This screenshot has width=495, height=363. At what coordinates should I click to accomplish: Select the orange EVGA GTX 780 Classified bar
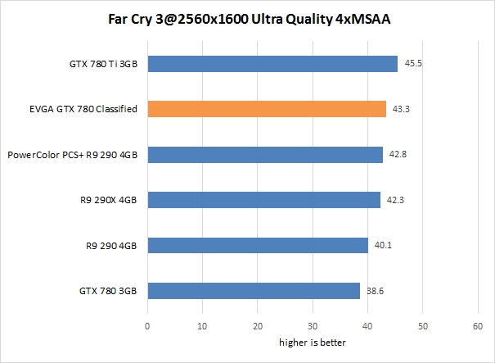pos(267,108)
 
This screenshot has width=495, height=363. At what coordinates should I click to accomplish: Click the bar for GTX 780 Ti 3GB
pos(272,63)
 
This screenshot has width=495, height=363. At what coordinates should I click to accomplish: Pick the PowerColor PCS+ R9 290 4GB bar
pos(265,154)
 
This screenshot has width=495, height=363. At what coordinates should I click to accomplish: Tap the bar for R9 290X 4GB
pos(263,200)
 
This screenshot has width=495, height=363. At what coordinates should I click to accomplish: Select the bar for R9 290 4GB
pos(258,245)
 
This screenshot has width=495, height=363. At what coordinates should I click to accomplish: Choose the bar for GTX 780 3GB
pos(254,291)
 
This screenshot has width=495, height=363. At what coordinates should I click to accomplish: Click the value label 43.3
pos(399,108)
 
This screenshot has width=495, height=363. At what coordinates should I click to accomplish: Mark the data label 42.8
pos(397,154)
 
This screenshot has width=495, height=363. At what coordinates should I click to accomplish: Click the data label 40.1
pos(381,245)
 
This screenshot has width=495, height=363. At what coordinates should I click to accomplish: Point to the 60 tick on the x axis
pos(479,326)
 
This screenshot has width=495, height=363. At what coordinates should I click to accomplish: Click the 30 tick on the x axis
pos(313,326)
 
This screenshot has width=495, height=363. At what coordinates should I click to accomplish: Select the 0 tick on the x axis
pos(147,326)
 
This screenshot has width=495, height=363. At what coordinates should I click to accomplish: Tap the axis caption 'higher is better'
pos(312,343)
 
